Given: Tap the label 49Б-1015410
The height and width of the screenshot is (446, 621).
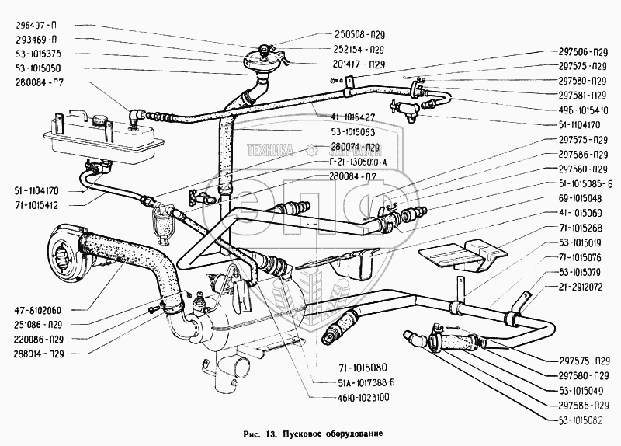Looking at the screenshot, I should pyautogui.click(x=582, y=110).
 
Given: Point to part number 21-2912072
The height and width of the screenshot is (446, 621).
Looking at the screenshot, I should pyautogui.click(x=582, y=287).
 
